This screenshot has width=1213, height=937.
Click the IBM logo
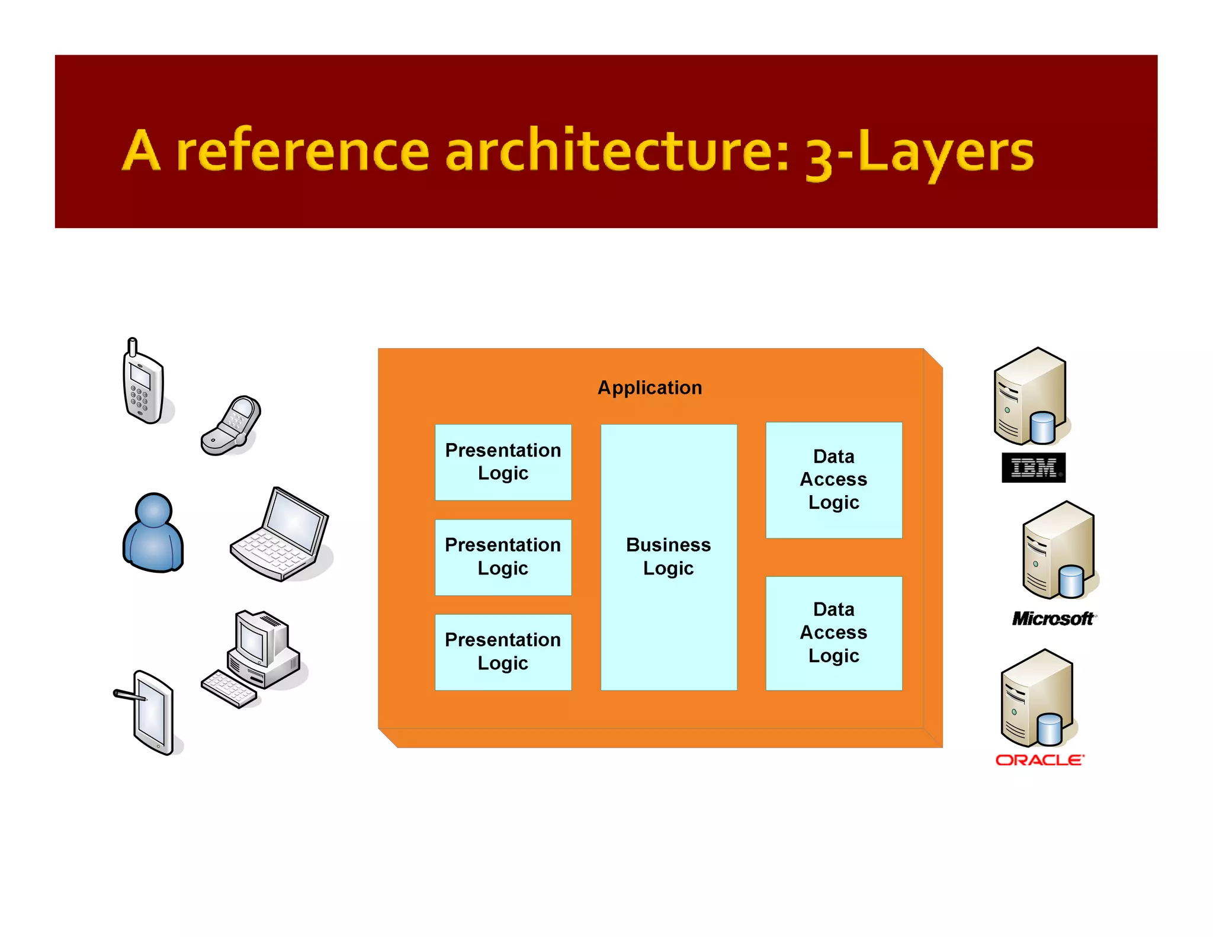coord(1033,468)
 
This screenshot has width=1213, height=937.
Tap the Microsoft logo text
coord(1053,619)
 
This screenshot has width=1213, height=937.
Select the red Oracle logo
coord(1039,760)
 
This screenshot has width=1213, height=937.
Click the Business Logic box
coord(669,557)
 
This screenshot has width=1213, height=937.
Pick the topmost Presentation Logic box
coord(503,462)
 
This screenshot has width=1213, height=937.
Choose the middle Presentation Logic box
coord(503,557)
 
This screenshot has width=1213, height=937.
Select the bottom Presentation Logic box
coord(503,652)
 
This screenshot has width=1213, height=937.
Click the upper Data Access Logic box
coord(833,480)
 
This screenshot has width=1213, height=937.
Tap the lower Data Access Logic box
coord(833,633)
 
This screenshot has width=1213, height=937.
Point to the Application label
coord(650,388)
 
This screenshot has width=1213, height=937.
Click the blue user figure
coord(153,533)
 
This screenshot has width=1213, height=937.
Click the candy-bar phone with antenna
coord(143,385)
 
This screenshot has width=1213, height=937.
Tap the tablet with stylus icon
coord(151,713)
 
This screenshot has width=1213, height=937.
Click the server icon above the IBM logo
coord(1031,397)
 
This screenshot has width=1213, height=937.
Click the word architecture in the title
coord(616,151)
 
